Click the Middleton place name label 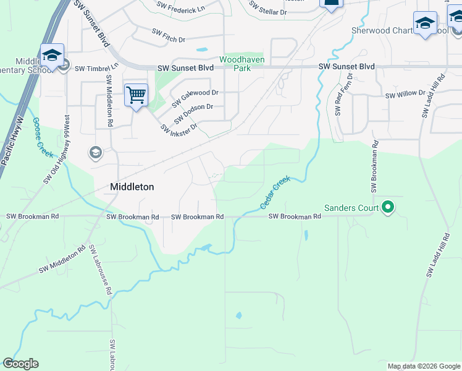[132, 186]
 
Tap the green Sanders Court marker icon [388, 208]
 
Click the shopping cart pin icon [136, 95]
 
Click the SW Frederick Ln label [180, 7]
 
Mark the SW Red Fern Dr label [343, 95]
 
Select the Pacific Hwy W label [11, 142]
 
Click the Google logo [20, 364]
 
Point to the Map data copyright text [423, 366]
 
